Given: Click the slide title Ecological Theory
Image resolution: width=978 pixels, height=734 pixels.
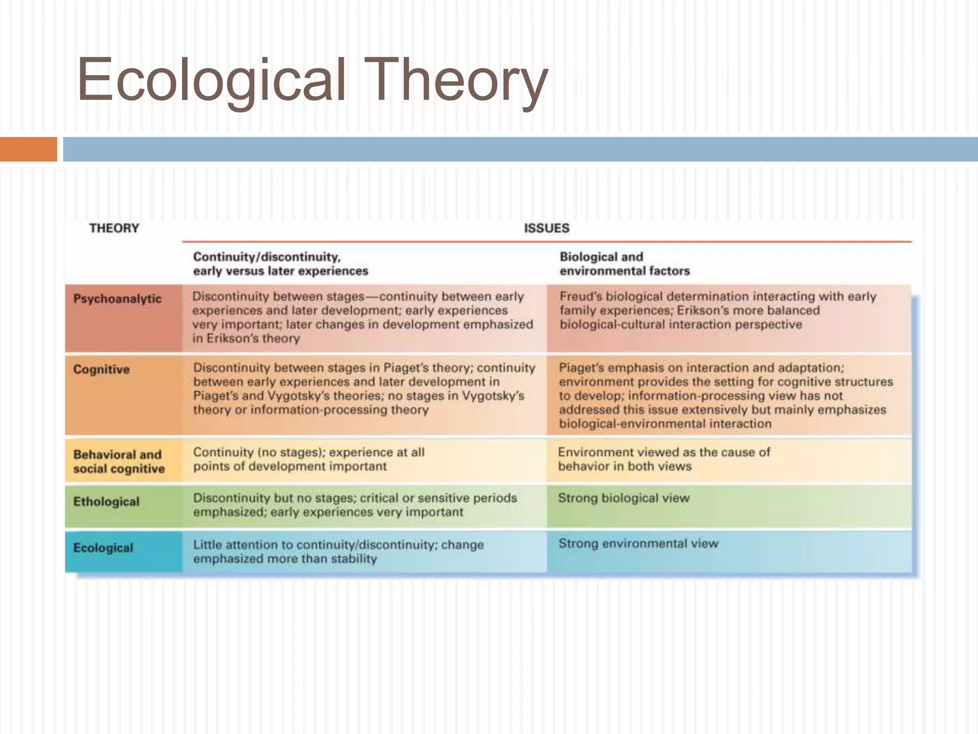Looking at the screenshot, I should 312,80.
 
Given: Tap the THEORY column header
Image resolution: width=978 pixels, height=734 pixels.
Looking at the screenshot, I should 114,228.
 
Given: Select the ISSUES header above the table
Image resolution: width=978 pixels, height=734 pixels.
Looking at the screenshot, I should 546,228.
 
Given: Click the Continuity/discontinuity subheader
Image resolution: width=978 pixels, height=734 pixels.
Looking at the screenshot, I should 280,264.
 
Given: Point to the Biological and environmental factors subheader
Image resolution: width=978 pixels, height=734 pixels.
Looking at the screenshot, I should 624,264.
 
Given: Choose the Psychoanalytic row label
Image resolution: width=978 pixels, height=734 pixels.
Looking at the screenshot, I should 117,299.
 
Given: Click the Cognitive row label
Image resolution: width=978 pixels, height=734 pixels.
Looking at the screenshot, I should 101,369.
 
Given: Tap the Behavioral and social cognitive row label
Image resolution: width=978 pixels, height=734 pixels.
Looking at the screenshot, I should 119,462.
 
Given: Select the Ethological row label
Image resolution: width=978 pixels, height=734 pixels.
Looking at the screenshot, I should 106,502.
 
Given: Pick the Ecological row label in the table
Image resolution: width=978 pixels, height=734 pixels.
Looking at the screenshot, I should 103,548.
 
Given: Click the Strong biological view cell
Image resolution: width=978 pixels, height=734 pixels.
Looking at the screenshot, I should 624,498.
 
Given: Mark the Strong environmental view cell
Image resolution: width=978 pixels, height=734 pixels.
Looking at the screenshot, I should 638,543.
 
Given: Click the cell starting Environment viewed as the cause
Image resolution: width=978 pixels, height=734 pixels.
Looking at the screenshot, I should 664,459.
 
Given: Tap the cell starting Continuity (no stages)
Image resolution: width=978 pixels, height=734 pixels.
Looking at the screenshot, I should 308,459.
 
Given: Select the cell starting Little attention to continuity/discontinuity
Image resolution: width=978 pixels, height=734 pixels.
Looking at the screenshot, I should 338,551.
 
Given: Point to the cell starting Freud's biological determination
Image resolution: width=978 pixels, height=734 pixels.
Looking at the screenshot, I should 717,310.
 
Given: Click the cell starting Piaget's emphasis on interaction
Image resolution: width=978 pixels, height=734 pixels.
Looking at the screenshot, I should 725,396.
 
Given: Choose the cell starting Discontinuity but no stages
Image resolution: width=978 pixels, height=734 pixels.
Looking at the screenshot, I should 354,505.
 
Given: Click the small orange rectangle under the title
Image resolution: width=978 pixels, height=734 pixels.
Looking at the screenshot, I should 28,149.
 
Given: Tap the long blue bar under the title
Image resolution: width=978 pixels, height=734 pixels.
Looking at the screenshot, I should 520,149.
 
